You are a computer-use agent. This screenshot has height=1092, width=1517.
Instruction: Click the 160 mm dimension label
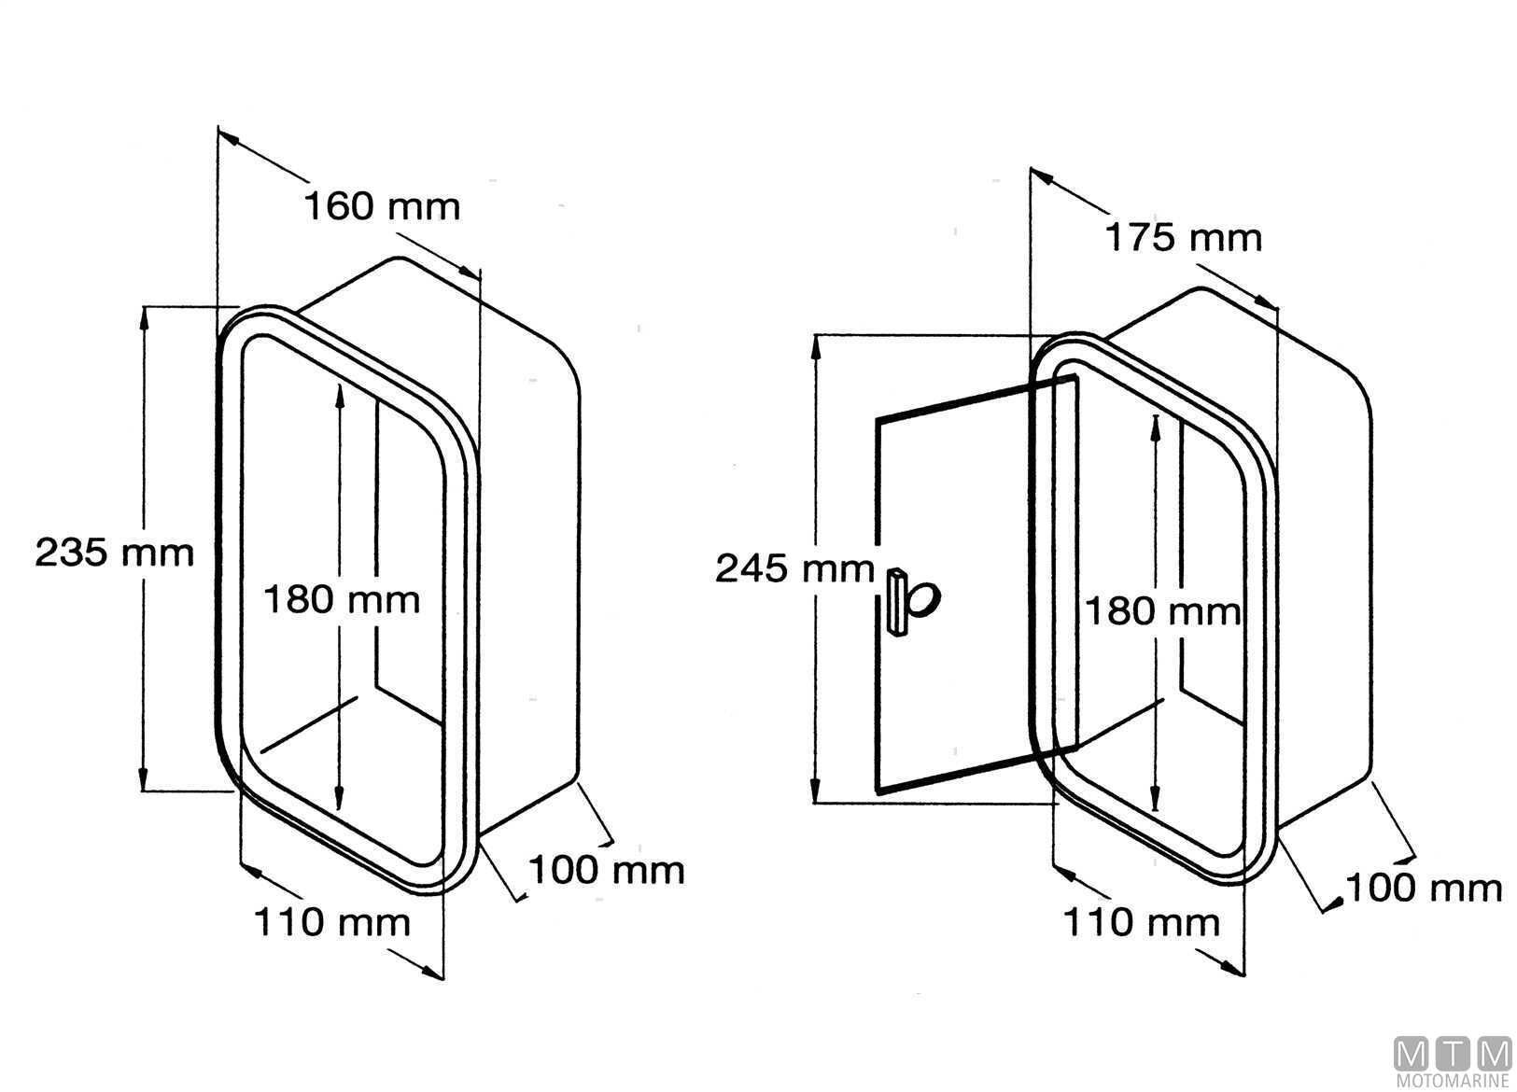[x=382, y=206]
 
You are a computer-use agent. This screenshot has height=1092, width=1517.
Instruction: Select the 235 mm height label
[x=115, y=553]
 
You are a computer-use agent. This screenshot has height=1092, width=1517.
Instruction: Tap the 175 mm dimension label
[x=1184, y=238]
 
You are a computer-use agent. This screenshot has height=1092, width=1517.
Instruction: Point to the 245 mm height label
[x=795, y=568]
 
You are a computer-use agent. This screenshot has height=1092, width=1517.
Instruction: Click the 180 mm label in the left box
[x=342, y=600]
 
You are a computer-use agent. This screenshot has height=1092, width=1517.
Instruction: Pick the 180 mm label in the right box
[x=1163, y=611]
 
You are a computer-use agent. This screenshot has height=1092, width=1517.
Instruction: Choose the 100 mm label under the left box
[x=607, y=870]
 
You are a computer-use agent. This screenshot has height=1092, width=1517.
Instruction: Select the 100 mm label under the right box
[x=1425, y=889]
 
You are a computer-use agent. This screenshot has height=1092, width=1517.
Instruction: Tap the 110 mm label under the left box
[x=332, y=922]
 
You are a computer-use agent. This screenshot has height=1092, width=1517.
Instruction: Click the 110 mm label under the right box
[x=1143, y=922]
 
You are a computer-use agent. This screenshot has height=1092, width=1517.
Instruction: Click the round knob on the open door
[x=922, y=599]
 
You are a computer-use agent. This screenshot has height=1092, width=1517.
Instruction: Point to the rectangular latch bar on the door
[x=896, y=601]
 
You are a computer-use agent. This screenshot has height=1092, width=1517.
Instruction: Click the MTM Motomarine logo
[x=1453, y=1062]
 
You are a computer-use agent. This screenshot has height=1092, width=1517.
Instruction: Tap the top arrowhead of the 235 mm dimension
[x=144, y=318]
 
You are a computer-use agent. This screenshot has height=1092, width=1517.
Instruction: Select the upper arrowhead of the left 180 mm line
[x=339, y=396]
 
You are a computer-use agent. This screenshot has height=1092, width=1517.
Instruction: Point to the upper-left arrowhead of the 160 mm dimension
[x=229, y=137]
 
